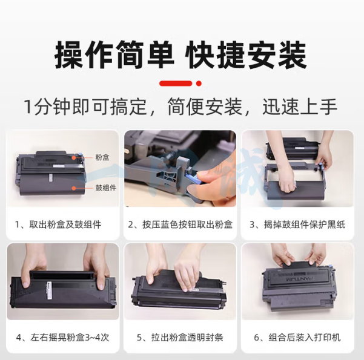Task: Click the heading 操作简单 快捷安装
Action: (181, 55)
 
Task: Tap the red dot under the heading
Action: (199, 83)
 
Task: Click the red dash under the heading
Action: (176, 83)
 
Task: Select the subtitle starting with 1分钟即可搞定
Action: (181, 106)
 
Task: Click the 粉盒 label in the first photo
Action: (102, 157)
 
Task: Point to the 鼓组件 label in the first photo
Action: (106, 188)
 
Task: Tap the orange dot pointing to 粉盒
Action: (74, 158)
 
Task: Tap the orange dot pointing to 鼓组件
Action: (74, 188)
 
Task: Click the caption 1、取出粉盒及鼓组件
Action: (58, 224)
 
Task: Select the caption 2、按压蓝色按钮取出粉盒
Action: (180, 224)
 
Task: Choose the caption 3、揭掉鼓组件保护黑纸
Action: (297, 224)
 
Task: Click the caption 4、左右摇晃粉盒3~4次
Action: (62, 337)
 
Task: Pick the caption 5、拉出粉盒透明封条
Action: (180, 337)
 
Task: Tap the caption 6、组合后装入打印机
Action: (297, 337)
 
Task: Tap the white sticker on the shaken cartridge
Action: (50, 292)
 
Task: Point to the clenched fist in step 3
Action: (287, 183)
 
